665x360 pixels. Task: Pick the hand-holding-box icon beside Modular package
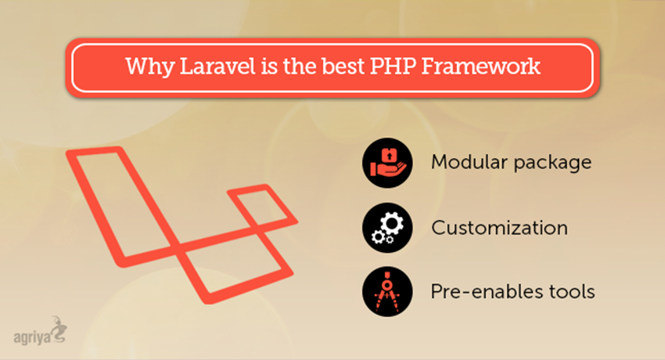(x=383, y=163)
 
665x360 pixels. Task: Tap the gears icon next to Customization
(x=383, y=228)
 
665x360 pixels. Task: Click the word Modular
(x=465, y=163)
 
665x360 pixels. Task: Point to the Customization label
(x=499, y=228)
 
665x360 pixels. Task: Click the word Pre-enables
(x=477, y=292)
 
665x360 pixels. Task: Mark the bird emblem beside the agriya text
(x=58, y=329)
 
